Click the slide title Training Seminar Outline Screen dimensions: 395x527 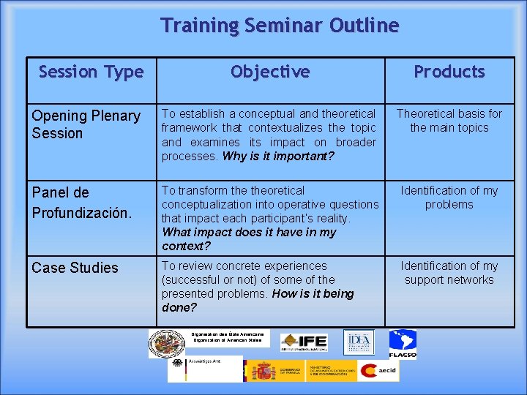coord(280,26)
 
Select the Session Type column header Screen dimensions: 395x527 coord(91,72)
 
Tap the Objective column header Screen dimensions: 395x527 coord(270,72)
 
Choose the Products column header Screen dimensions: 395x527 coord(449,72)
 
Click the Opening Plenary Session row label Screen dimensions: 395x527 coord(86,124)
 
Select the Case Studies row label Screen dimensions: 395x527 coord(75,268)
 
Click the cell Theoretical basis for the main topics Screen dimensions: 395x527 coord(449,121)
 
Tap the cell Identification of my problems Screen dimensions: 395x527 coord(449,197)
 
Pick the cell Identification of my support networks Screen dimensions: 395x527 coord(449,273)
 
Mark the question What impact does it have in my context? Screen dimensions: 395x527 coord(249,239)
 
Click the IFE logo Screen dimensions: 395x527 coord(304,342)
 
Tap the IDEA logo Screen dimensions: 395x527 coord(359,342)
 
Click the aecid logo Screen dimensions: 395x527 coord(378,371)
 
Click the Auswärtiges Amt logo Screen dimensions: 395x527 coord(205,369)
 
